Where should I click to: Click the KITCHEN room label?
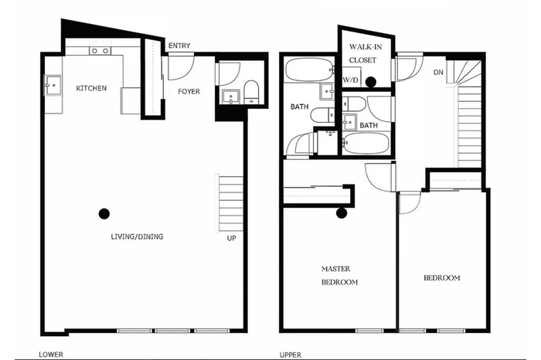[x=91, y=88]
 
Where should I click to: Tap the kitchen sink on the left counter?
[x=53, y=84]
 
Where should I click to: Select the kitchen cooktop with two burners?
[x=100, y=51]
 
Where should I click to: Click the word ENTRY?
[x=179, y=46]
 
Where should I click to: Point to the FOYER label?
[x=189, y=91]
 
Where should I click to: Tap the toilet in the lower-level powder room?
[x=251, y=92]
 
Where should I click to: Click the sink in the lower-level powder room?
[x=230, y=97]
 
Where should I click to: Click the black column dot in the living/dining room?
[x=104, y=214]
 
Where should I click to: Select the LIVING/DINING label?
[x=137, y=236]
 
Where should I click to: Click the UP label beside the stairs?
[x=232, y=238]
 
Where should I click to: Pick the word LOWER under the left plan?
[x=51, y=355]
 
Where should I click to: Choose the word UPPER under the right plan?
[x=290, y=355]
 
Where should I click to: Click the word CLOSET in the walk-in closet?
[x=362, y=60]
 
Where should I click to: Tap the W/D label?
[x=351, y=80]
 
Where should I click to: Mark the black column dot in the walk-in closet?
[x=371, y=82]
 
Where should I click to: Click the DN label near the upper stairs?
[x=438, y=73]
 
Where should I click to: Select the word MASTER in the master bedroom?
[x=335, y=269]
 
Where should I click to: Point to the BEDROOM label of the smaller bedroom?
[x=441, y=277]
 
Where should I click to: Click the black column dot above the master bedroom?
[x=342, y=213]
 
